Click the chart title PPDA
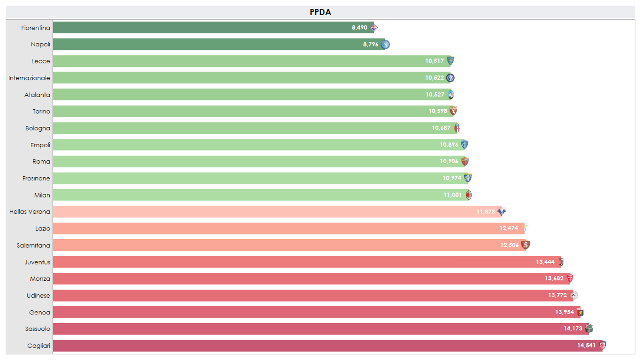coord(320,12)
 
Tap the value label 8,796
coord(371,44)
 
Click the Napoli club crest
coord(385,44)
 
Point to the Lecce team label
coord(40,61)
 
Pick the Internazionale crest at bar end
coord(450,78)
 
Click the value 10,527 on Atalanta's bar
coord(435,95)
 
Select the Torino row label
coord(41,111)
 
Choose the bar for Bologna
coord(240,128)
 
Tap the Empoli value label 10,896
coord(449,145)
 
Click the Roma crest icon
coord(465,162)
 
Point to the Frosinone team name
coord(36,178)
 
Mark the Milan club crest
coord(468,195)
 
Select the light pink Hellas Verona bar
coord(260,212)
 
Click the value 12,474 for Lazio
coord(508,228)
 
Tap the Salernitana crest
coord(526,245)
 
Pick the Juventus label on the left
coord(37,262)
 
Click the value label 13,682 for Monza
coord(554,278)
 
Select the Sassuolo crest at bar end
coord(589,329)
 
